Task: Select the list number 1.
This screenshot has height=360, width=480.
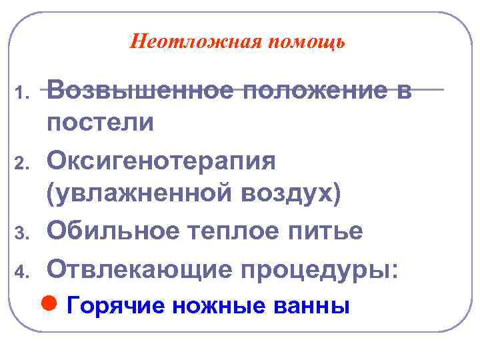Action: tap(22, 91)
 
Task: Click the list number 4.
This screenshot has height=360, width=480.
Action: tap(22, 271)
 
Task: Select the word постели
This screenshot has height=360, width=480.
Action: tap(101, 123)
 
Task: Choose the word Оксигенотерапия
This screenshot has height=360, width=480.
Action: tap(161, 161)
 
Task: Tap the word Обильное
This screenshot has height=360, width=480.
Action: tap(117, 231)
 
